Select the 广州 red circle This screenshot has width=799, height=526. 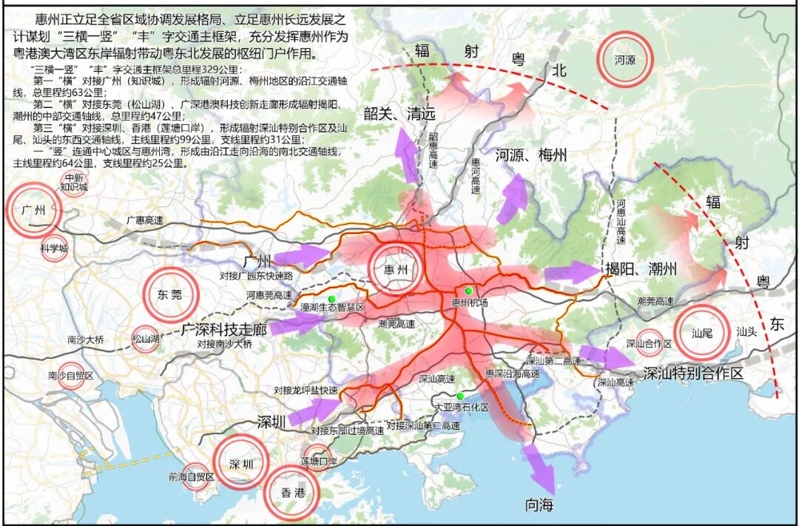[x=34, y=210]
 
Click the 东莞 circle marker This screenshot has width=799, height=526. [x=170, y=294]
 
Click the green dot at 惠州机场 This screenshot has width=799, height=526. [x=468, y=290]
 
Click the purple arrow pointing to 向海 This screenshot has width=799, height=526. [x=543, y=470]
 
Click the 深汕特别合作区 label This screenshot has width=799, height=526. [x=692, y=374]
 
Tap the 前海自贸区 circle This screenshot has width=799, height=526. [x=192, y=477]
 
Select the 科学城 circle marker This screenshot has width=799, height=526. [x=54, y=248]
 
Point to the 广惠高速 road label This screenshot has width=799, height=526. [x=144, y=220]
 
